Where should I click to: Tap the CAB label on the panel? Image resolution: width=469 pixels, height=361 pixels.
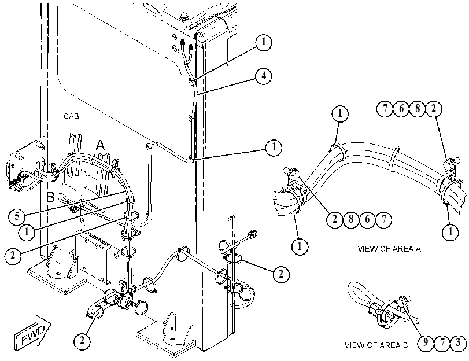[x=71, y=116]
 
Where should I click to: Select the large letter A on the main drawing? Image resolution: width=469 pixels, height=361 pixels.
[x=101, y=145]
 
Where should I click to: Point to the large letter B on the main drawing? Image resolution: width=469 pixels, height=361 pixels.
[x=50, y=197]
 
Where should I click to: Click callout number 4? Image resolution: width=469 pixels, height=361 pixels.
[x=264, y=76]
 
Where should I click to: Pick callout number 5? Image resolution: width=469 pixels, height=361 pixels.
[x=17, y=216]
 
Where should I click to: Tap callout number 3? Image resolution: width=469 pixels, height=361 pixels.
[x=459, y=342]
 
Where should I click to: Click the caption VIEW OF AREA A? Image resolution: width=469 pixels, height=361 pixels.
[x=389, y=249]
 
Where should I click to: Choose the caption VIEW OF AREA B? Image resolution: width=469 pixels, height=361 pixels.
[x=376, y=345]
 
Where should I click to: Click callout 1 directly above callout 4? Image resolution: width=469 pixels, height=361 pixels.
[x=264, y=42]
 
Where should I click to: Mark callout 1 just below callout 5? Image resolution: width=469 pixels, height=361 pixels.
[x=27, y=231]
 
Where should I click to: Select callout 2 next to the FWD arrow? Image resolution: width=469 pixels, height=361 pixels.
[x=82, y=341]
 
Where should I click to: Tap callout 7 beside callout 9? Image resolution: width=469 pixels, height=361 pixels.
[x=442, y=342]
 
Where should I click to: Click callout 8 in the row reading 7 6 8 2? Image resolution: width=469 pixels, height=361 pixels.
[x=418, y=109]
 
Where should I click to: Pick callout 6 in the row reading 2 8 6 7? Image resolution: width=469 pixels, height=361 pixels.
[x=367, y=220]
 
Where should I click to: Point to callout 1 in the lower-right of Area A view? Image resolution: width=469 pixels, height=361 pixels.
[x=450, y=232]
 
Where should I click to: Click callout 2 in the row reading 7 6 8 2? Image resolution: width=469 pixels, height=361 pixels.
[x=434, y=109]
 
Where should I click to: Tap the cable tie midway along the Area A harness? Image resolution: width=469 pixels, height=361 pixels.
[x=394, y=159]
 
